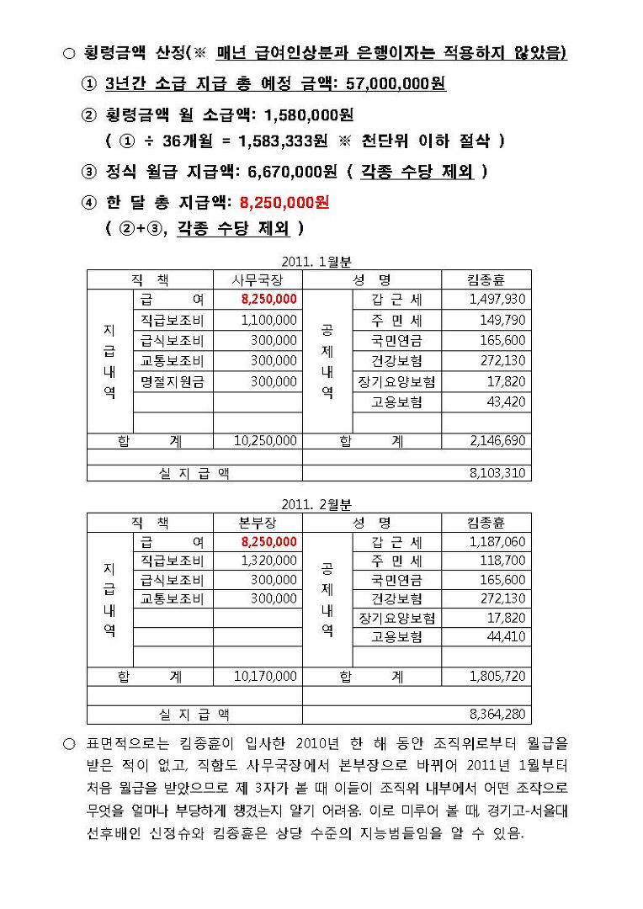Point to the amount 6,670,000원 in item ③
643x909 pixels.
click(x=292, y=173)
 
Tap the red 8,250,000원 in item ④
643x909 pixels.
click(x=284, y=202)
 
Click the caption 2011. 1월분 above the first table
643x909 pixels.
click(x=308, y=262)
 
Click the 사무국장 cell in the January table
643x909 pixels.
click(x=258, y=279)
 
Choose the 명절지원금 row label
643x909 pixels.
click(x=173, y=381)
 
